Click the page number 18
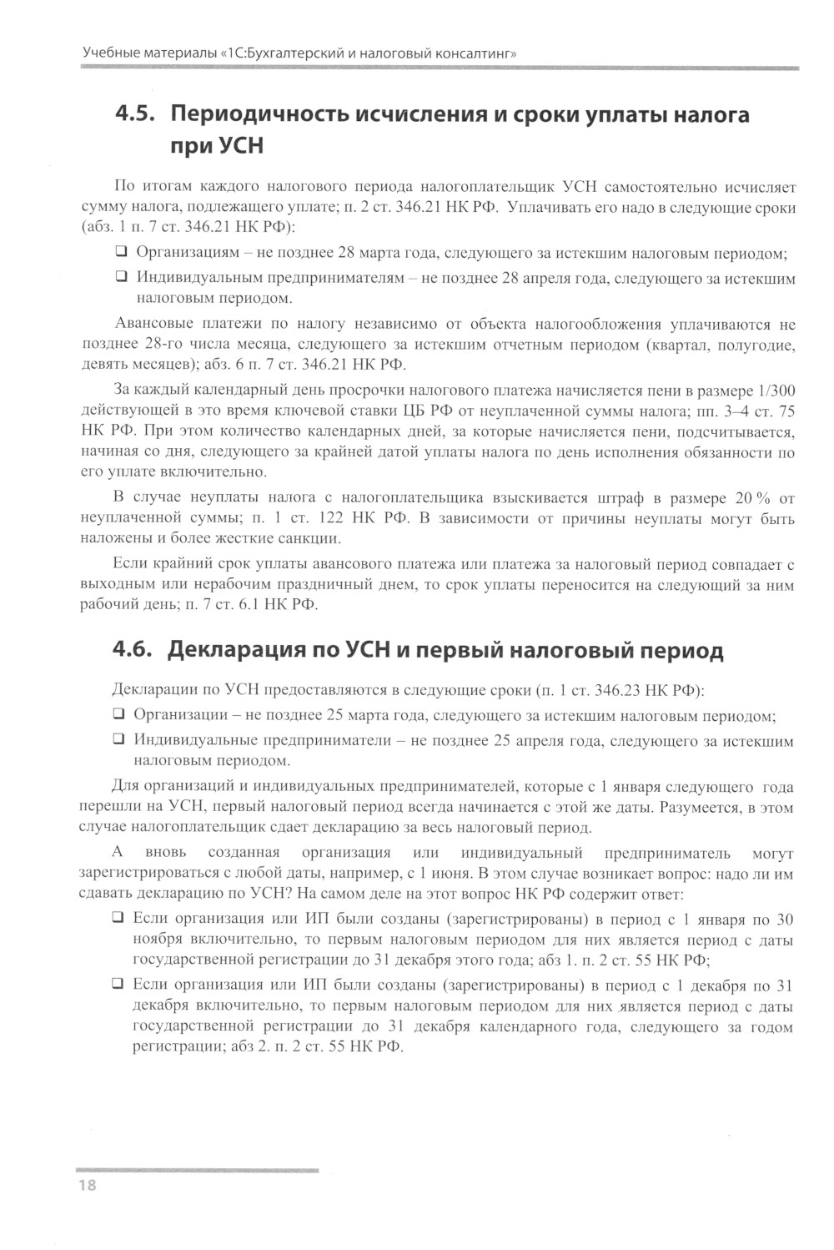tap(87, 1186)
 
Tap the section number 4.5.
tap(133, 114)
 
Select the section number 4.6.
tap(133, 650)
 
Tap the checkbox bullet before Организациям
tap(121, 252)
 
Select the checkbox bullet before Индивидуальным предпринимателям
tap(121, 277)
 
